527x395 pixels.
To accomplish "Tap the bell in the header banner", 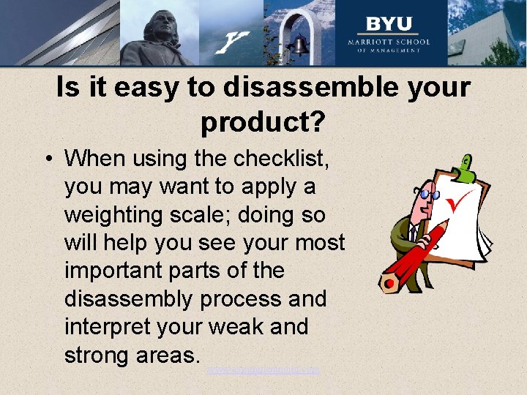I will pyautogui.click(x=299, y=45).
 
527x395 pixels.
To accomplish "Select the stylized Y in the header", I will pyautogui.click(x=234, y=42).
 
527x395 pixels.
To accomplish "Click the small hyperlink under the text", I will pyautogui.click(x=263, y=370).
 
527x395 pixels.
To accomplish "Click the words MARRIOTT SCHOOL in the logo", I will pyautogui.click(x=388, y=41).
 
